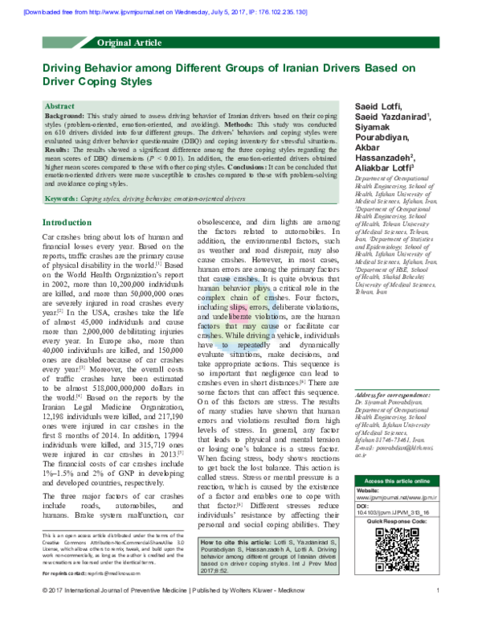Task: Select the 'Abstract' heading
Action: click(x=61, y=106)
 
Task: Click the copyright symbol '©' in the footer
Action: click(x=45, y=614)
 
